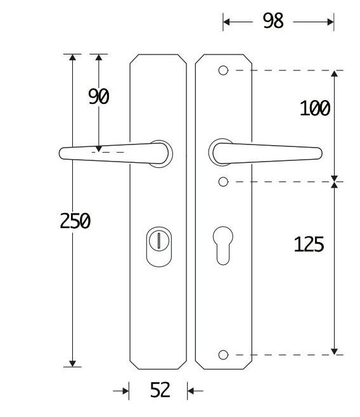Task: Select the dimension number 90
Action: pos(99,97)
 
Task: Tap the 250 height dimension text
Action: pos(75,221)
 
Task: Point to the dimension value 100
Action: pos(314,108)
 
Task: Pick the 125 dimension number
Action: pos(309,244)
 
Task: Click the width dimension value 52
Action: pos(160,390)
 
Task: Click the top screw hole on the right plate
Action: pos(223,70)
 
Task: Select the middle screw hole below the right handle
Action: pos(223,183)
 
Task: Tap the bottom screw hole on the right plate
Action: pos(223,354)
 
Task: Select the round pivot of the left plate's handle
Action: pos(163,152)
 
